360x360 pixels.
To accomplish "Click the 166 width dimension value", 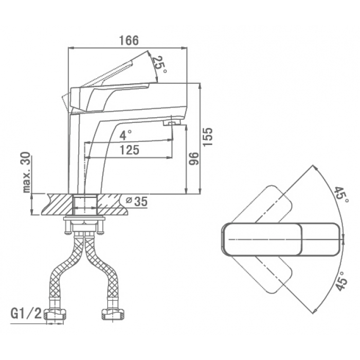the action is pyautogui.click(x=129, y=41).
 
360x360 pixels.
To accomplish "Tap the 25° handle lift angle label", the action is pyautogui.click(x=160, y=64).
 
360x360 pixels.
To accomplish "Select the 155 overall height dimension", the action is pyautogui.click(x=208, y=137).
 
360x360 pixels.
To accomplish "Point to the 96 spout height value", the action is pyautogui.click(x=193, y=158).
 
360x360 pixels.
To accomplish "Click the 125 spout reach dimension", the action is pyautogui.click(x=130, y=150).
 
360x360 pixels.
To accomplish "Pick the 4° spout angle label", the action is pyautogui.click(x=126, y=135).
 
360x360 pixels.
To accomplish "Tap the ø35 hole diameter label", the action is pyautogui.click(x=137, y=202).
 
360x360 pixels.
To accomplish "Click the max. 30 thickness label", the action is pyautogui.click(x=27, y=172).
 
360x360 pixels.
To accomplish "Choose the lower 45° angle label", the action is pyautogui.click(x=340, y=281).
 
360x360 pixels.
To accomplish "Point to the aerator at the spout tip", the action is pyautogui.click(x=172, y=123).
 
